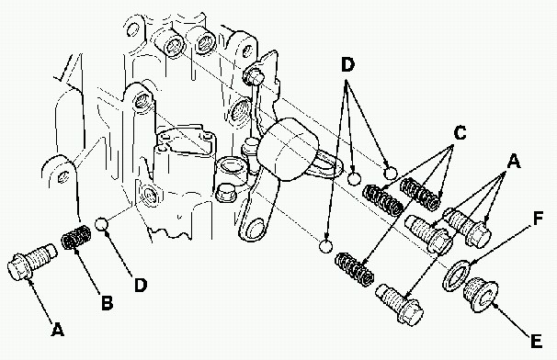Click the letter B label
[x=108, y=303]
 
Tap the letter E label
[x=536, y=341]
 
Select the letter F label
[x=539, y=218]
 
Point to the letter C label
[x=460, y=133]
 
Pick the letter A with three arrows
[x=513, y=161]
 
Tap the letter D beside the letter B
[x=141, y=285]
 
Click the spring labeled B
[x=76, y=237]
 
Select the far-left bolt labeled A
[x=31, y=262]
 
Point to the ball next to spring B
[x=102, y=224]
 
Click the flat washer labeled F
[x=456, y=276]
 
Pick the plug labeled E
[x=481, y=295]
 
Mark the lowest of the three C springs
[x=355, y=269]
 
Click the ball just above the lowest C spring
[x=325, y=246]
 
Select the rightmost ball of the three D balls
[x=391, y=173]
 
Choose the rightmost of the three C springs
[x=420, y=194]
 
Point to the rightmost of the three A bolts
[x=467, y=228]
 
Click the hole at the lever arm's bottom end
[x=254, y=230]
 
